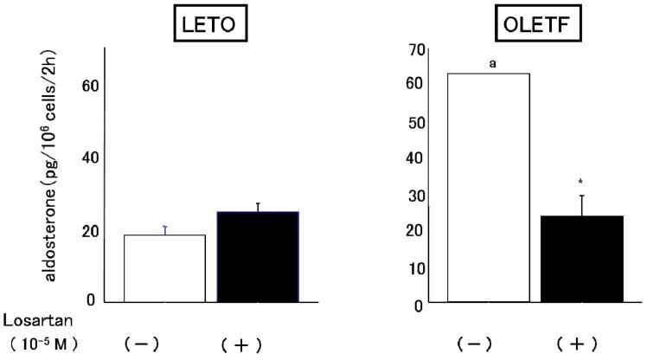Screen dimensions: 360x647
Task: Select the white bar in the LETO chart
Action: click(x=164, y=268)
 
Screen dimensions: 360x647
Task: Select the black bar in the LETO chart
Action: click(x=257, y=257)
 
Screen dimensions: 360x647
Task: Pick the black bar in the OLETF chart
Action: click(x=581, y=259)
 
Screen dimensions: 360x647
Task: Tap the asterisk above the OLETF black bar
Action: click(x=582, y=182)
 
